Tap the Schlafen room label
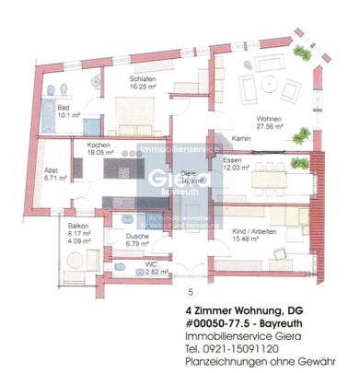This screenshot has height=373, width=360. (139, 80)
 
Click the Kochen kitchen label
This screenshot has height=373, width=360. (99, 146)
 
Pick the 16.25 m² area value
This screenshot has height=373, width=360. (139, 88)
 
